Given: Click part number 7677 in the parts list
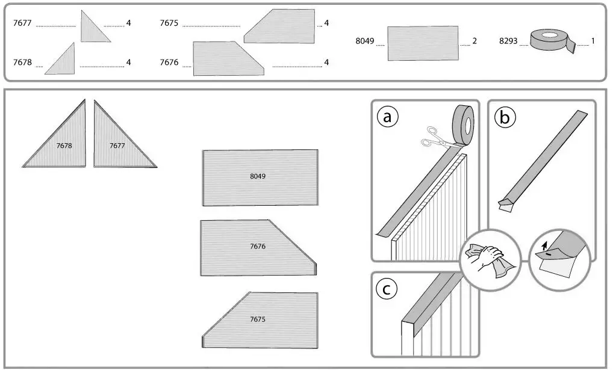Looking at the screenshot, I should point(23,23).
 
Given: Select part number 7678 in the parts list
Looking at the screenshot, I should point(23,63).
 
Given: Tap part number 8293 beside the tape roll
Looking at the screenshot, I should point(508,42).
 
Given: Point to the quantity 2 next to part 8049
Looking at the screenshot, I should point(475,42).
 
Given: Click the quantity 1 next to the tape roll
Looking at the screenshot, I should point(593,42).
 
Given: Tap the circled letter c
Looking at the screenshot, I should point(387,289).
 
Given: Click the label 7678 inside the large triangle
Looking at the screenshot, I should point(64,146).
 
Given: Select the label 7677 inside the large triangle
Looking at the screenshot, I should point(117,146).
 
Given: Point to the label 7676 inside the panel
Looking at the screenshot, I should point(258,247).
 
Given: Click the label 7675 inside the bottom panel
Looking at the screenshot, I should point(258,318).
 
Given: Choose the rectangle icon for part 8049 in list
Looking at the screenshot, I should point(423,43).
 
